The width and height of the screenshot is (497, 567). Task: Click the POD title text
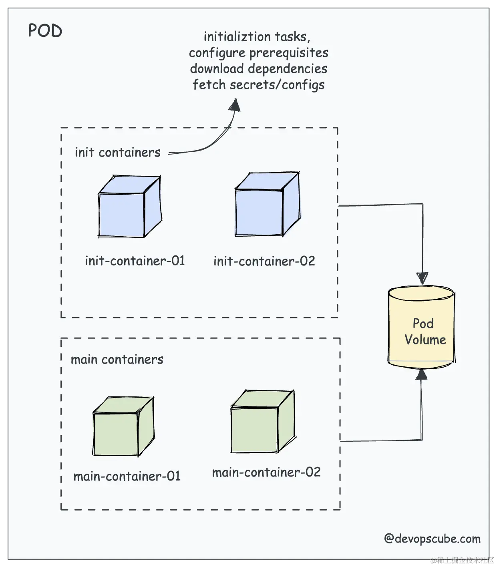[45, 31]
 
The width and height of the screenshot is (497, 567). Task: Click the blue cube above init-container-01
[129, 207]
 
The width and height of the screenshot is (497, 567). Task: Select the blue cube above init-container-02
[266, 205]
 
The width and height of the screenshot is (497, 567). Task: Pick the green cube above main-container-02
[262, 422]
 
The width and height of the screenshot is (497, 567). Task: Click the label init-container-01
[135, 261]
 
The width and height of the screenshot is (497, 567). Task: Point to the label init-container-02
[264, 261]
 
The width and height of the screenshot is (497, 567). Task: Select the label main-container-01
[127, 477]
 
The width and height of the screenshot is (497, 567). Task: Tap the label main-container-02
[266, 472]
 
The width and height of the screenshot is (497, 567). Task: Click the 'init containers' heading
[117, 153]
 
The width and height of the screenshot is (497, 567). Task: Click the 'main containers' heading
[117, 360]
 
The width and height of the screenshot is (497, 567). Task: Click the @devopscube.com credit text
[432, 539]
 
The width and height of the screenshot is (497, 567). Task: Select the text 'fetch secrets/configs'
[258, 85]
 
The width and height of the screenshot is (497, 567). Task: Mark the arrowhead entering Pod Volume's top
[422, 278]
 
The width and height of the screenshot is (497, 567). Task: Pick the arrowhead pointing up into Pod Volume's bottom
[421, 374]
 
